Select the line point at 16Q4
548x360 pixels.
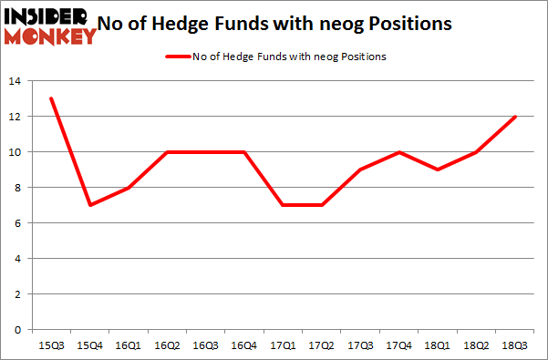[244, 152]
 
